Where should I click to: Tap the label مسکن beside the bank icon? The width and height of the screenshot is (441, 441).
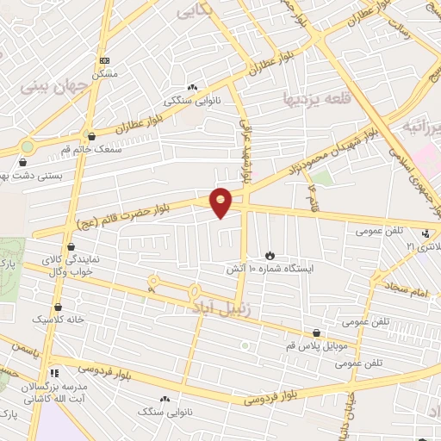point(105,74)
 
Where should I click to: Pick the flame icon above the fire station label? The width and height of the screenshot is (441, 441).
point(270,255)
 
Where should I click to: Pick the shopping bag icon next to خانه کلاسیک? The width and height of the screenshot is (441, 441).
point(58,307)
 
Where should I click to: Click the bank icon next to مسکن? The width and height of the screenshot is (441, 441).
point(105,60)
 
